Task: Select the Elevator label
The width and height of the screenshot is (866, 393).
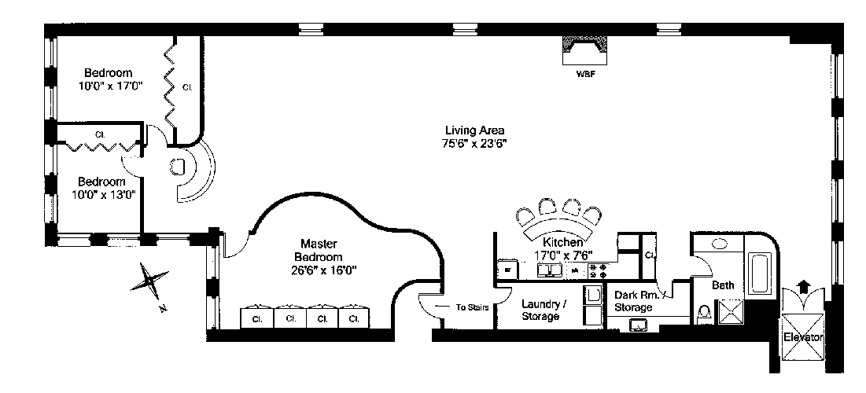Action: tap(802, 337)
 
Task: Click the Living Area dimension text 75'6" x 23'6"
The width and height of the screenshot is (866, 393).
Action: tap(474, 144)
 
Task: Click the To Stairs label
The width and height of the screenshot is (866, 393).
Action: tap(473, 307)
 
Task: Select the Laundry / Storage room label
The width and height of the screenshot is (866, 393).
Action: tap(540, 310)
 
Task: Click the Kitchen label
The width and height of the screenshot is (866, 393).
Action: tap(563, 243)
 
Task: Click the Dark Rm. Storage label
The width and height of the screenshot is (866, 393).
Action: tap(634, 301)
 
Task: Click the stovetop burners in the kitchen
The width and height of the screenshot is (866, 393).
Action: tap(598, 271)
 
